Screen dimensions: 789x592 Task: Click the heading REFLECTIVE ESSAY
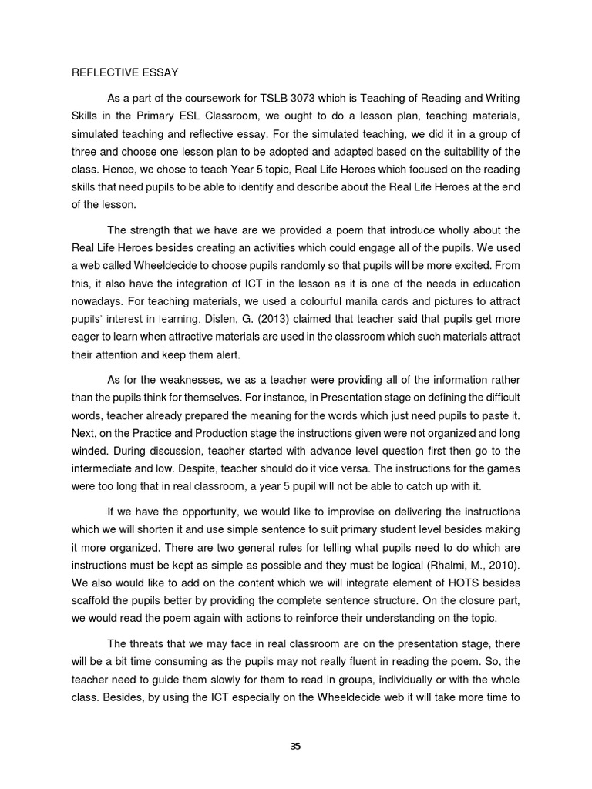click(125, 73)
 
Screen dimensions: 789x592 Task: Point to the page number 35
click(296, 746)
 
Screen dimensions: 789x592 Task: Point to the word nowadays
click(98, 300)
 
